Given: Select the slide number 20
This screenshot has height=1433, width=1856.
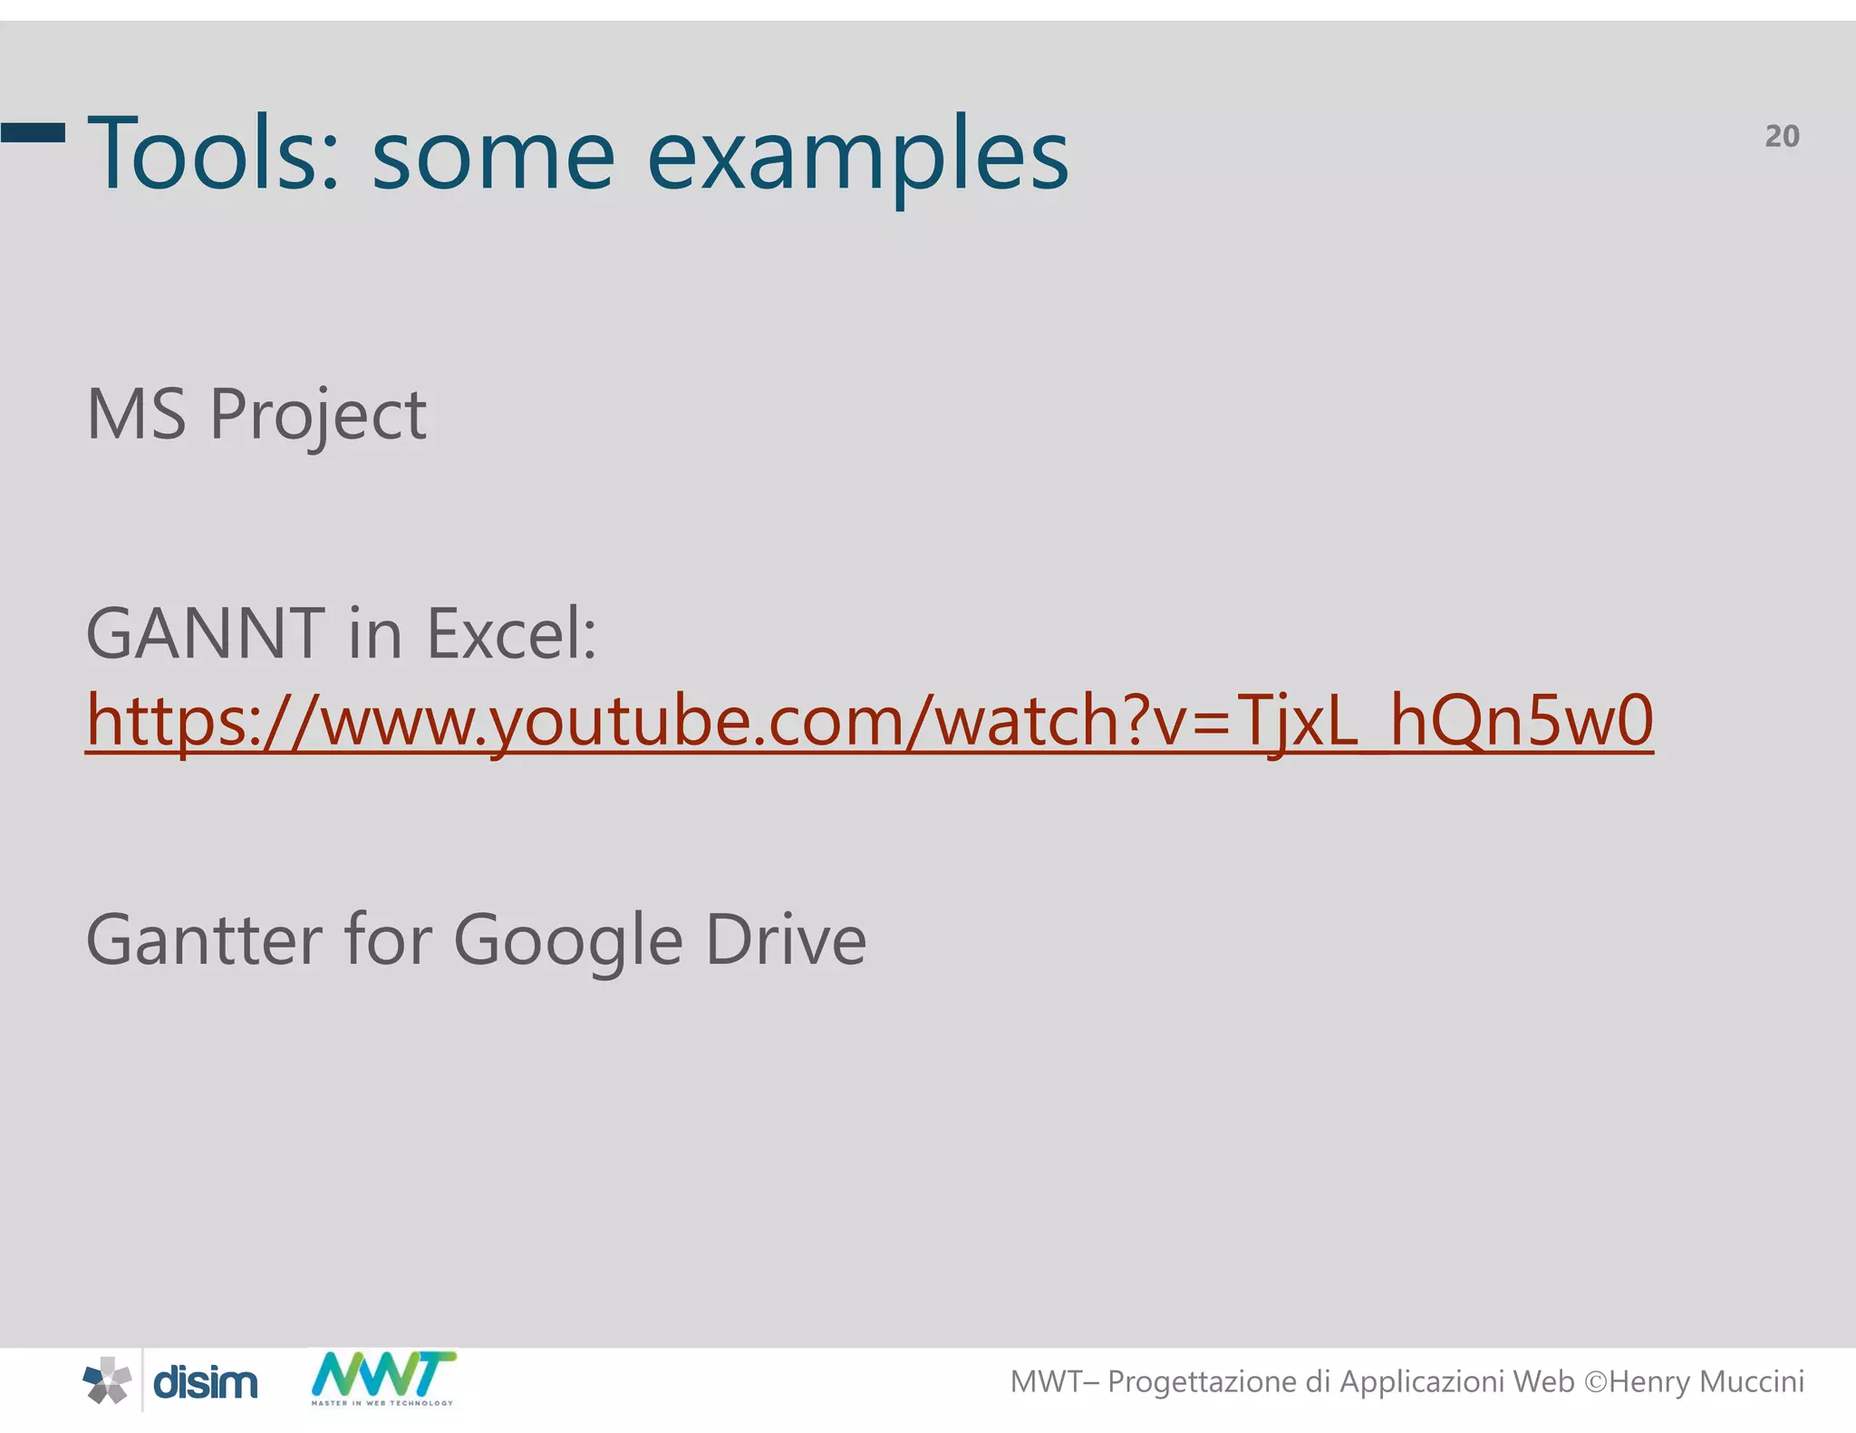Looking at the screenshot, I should click(1782, 136).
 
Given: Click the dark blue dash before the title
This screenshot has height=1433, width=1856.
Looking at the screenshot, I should click(34, 133).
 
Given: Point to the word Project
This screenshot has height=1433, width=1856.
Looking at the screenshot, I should click(318, 416).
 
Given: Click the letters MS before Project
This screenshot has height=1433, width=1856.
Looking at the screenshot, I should click(136, 414).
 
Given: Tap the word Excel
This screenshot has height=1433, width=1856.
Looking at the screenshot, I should click(511, 633).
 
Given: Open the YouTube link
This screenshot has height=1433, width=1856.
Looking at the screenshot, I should click(869, 721).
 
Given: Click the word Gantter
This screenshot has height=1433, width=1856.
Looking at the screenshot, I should click(204, 939).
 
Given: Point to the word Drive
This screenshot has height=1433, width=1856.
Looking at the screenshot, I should click(786, 939).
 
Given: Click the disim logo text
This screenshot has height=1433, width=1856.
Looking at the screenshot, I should click(206, 1382).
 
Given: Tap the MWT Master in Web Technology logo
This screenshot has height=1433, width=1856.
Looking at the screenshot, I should click(383, 1378).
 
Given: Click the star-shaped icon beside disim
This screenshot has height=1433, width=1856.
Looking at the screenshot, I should click(108, 1380).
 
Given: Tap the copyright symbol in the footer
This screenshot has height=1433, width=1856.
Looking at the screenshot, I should click(1595, 1382).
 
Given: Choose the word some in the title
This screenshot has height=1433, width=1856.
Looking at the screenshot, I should click(494, 156).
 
